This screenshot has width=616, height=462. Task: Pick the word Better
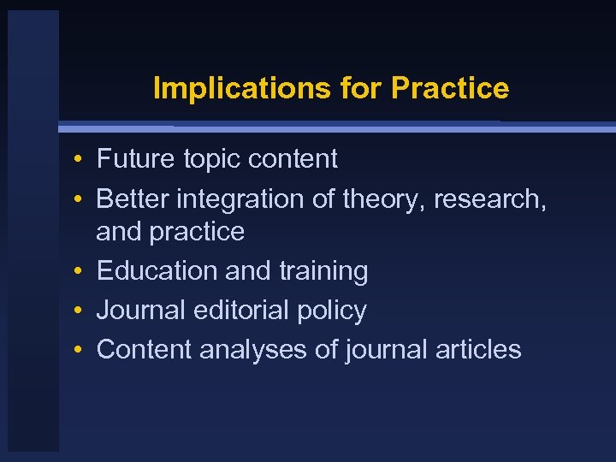click(133, 199)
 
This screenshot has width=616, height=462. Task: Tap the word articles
click(478, 350)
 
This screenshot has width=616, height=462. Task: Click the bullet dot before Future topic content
click(77, 160)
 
